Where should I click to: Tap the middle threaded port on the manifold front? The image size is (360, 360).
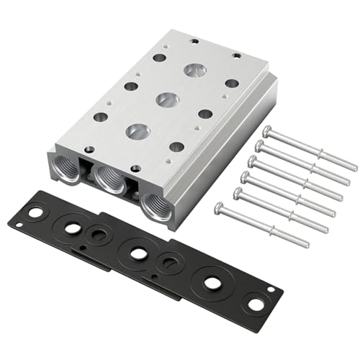click(x=109, y=178)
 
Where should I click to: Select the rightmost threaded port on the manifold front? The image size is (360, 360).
click(x=155, y=203)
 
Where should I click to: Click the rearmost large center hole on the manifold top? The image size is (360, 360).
click(x=194, y=71)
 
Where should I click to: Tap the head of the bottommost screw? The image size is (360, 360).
click(x=219, y=210)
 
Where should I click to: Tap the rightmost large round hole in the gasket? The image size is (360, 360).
click(x=212, y=283)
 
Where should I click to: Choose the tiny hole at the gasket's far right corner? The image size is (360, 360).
click(x=270, y=290)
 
